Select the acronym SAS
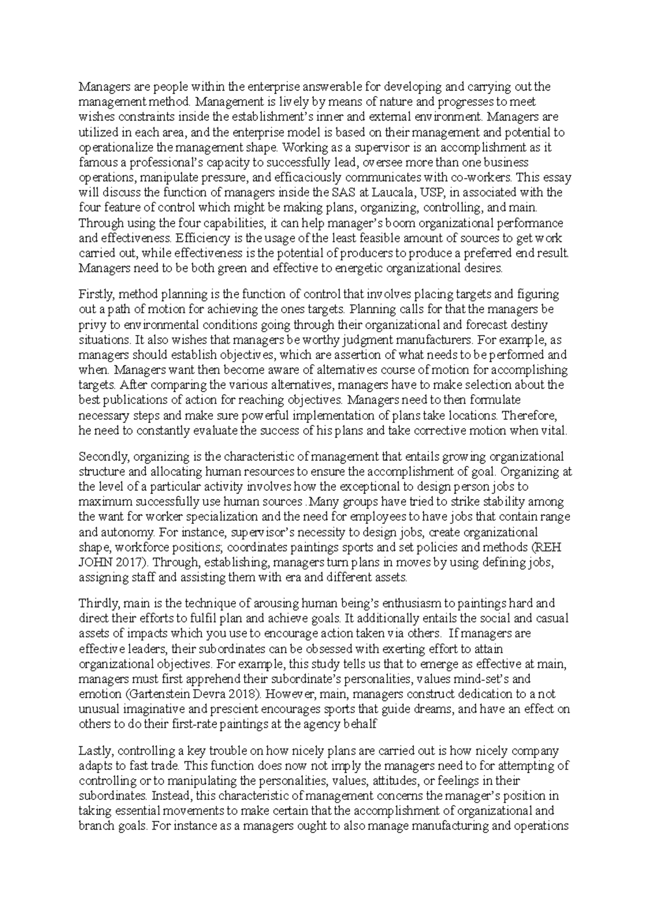click(341, 193)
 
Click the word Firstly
click(95, 295)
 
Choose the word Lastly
click(95, 752)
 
